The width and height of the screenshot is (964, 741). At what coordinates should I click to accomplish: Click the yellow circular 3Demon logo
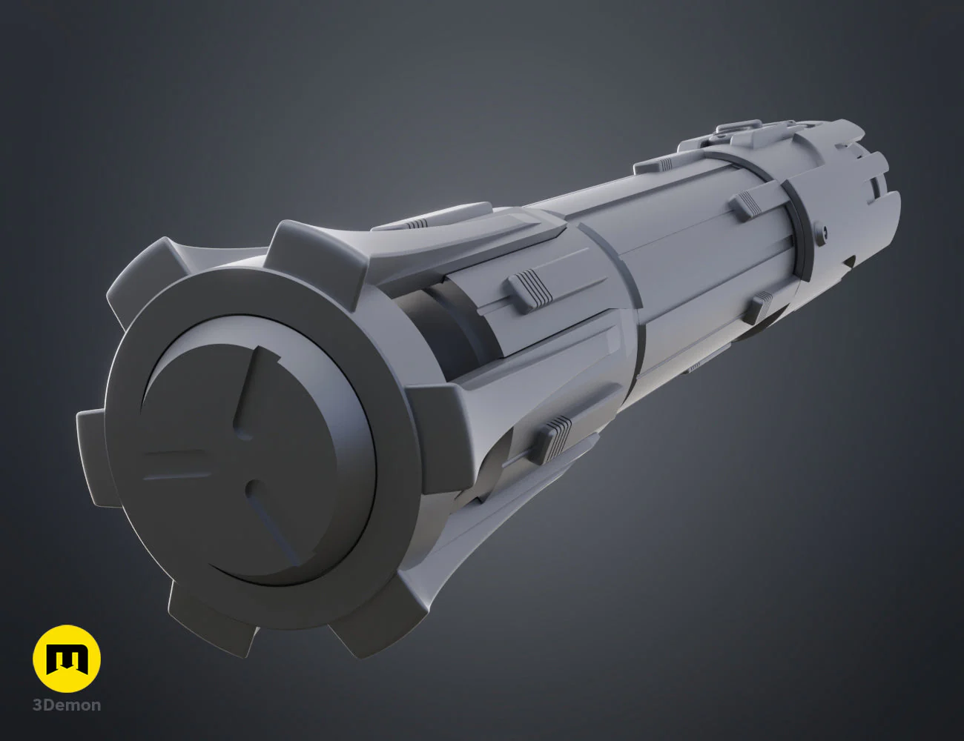point(67,659)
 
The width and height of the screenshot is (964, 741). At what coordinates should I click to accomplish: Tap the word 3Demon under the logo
point(67,705)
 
